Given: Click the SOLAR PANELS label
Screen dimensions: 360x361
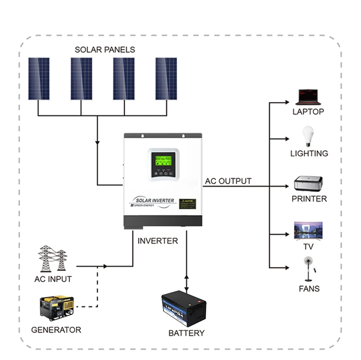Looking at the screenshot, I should (x=105, y=50).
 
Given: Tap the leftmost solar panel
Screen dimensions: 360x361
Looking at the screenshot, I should (x=39, y=78).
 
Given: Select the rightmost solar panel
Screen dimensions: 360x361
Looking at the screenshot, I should (x=166, y=78).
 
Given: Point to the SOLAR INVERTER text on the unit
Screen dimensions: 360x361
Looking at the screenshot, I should (x=152, y=199).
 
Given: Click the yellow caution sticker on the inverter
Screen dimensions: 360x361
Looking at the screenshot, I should (x=187, y=204).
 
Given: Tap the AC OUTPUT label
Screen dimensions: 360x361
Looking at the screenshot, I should (x=228, y=181).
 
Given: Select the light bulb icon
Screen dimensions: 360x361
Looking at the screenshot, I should (x=308, y=136).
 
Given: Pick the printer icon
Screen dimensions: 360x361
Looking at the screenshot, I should (x=308, y=185).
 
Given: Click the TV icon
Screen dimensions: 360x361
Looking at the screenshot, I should (x=308, y=230).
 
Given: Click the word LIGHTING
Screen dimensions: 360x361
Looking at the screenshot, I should (x=309, y=154).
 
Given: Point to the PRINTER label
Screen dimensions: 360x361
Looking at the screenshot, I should (x=309, y=199).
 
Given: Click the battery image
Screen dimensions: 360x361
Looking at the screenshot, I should (x=183, y=308).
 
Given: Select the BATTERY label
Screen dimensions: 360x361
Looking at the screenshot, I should (x=186, y=333).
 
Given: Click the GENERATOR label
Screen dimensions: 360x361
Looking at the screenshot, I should (x=56, y=330).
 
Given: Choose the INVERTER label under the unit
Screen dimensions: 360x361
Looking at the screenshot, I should (x=158, y=241).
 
